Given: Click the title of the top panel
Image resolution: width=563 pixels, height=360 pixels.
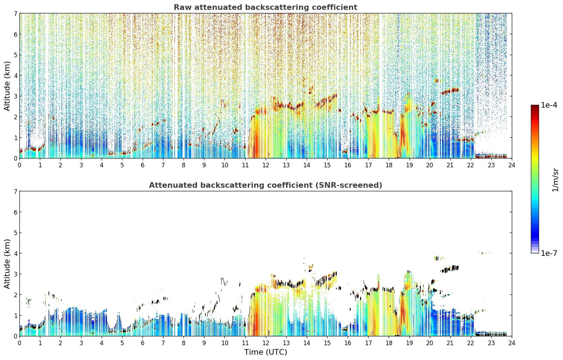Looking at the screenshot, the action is point(265,7).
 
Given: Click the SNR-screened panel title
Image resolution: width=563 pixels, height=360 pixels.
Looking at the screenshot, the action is point(265,185).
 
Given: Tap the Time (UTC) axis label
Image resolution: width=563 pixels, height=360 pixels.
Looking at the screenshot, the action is point(265,352).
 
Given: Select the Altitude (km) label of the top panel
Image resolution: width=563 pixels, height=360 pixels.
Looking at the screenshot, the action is point(7,86).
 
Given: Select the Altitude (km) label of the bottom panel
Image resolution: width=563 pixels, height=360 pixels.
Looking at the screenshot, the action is point(7,264).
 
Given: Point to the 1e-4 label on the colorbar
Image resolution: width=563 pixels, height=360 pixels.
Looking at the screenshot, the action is point(549,105).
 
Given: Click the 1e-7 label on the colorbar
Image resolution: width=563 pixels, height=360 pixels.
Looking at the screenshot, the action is point(549,253).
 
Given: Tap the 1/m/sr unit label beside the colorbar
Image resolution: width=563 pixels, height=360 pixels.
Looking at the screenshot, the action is point(555,180).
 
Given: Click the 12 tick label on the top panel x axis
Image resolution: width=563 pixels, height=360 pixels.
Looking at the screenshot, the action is point(266,165).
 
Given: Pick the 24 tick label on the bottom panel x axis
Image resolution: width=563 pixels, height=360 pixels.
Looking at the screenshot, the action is point(512,343).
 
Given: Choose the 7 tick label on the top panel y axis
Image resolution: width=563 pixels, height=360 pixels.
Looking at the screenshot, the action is point(15,13).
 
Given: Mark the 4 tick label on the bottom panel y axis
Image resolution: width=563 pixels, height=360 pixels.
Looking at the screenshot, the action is point(15,253).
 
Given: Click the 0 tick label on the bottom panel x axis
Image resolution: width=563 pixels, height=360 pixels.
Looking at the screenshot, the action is point(20,343).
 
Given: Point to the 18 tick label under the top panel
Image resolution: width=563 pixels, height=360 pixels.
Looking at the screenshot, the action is point(389,165).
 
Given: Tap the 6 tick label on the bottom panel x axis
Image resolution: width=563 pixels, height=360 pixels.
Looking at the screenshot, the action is point(143,343).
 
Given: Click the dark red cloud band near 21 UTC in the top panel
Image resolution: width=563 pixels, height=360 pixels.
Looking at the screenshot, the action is point(450,91).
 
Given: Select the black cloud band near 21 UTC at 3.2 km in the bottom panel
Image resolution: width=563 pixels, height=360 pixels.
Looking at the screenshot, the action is point(450,269).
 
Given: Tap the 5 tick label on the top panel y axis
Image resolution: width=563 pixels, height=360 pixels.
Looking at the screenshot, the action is point(15,55).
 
